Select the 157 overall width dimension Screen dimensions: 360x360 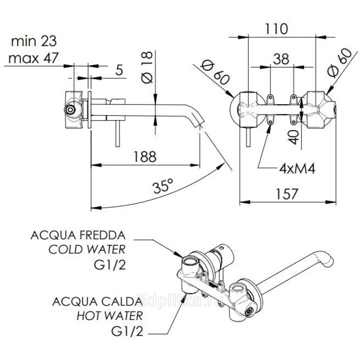286,194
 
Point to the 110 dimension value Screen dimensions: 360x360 275,29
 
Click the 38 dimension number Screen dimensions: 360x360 282,59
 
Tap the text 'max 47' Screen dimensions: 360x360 34,58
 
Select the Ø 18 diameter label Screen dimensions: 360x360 147,67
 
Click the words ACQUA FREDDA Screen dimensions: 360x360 78,235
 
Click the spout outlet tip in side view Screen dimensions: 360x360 198,124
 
